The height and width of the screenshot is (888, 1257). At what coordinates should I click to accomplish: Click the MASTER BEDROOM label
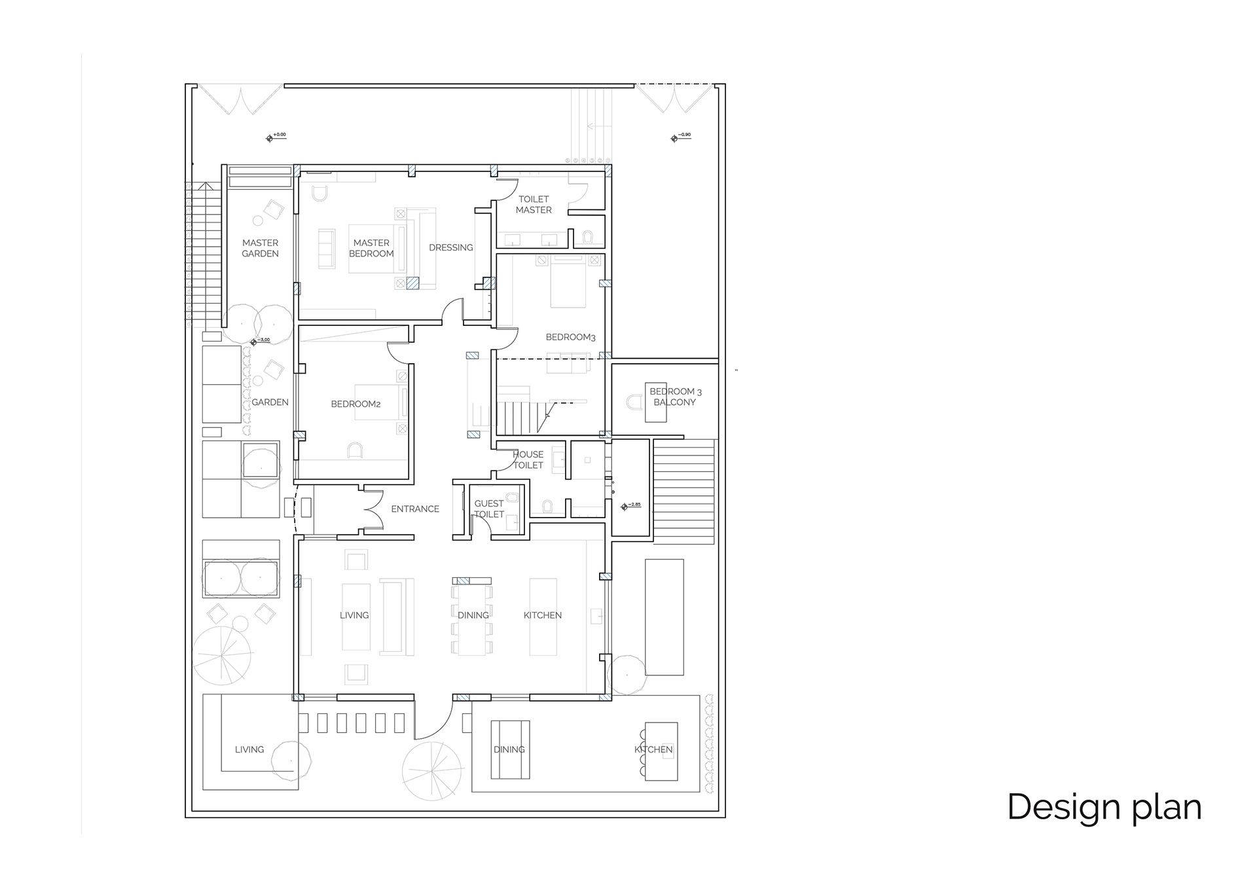[371, 248]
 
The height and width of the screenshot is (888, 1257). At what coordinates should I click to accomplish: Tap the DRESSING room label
[450, 247]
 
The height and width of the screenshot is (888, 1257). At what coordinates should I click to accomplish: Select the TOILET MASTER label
[534, 204]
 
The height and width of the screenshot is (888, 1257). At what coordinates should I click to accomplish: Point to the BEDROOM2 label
[355, 404]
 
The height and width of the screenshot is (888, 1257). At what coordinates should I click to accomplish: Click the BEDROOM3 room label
[570, 337]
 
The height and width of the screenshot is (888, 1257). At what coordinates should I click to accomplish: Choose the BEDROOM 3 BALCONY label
[675, 397]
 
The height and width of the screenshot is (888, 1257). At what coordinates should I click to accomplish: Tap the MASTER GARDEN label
[260, 248]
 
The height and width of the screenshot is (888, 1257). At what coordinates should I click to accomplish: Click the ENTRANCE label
[415, 508]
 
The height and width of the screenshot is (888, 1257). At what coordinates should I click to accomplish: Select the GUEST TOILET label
[489, 508]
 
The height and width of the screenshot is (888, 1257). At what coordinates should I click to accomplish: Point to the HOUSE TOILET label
[528, 459]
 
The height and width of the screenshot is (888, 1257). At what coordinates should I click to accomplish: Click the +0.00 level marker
[276, 137]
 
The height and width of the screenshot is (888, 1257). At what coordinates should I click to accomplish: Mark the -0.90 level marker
[680, 137]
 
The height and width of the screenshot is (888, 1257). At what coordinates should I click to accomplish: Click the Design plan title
[1104, 806]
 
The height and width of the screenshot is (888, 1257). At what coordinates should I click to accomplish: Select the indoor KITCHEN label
[542, 615]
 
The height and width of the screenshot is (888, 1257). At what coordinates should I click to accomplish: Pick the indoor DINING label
[473, 615]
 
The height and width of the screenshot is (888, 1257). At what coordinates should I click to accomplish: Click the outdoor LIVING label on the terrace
[249, 749]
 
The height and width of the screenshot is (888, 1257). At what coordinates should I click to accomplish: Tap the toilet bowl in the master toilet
[587, 237]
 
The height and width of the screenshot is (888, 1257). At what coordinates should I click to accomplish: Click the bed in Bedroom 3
[568, 283]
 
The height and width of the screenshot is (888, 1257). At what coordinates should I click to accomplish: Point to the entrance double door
[374, 509]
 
